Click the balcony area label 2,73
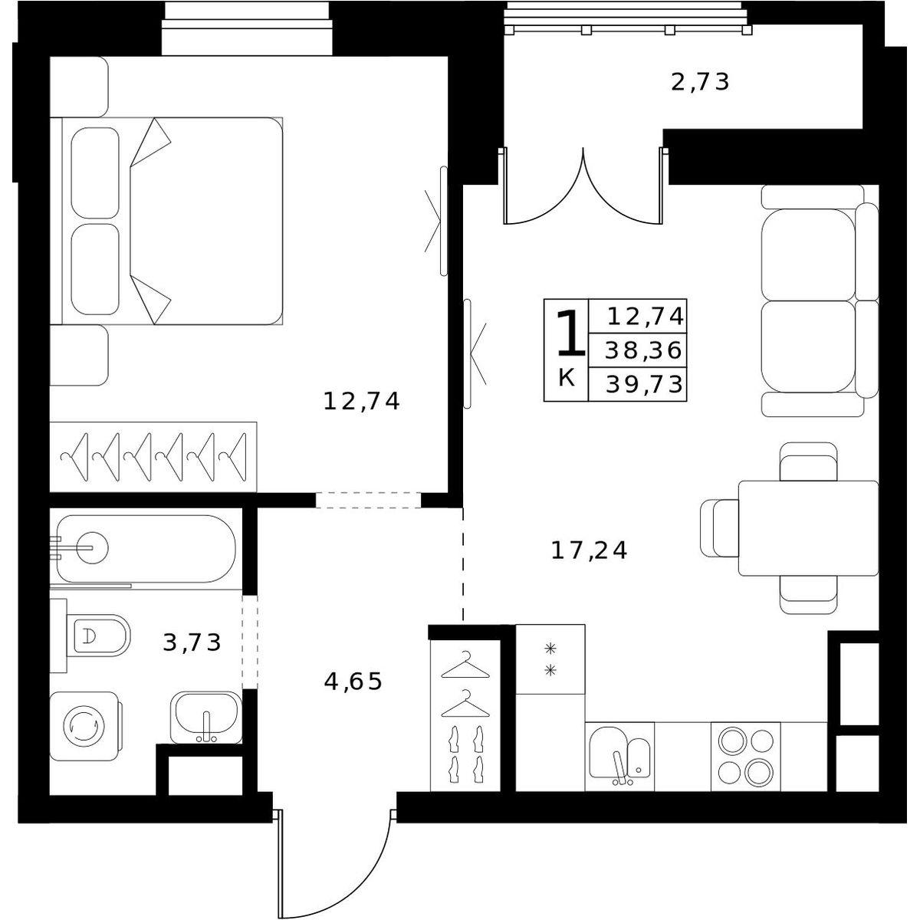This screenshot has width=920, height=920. pos(701,83)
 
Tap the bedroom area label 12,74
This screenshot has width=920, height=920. pos(361,401)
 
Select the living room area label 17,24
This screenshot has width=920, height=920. pos(589,550)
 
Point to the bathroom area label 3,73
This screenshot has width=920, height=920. pos(192,642)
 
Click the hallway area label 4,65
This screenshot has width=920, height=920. pos(353,682)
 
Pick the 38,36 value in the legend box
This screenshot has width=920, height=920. pos(643,350)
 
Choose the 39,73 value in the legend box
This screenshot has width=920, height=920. pos(644,384)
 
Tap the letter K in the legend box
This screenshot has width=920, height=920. pos(567,379)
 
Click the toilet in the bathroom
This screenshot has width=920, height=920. pos(96,636)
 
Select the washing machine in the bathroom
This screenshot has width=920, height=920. pos(85,726)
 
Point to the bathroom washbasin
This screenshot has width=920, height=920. pos(206,717)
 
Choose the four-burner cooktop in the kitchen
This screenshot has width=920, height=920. pos(746,757)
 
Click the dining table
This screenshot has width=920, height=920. pos(808,528)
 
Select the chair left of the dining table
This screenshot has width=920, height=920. pos(719,528)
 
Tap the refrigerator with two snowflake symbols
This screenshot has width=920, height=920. pos(550,659)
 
